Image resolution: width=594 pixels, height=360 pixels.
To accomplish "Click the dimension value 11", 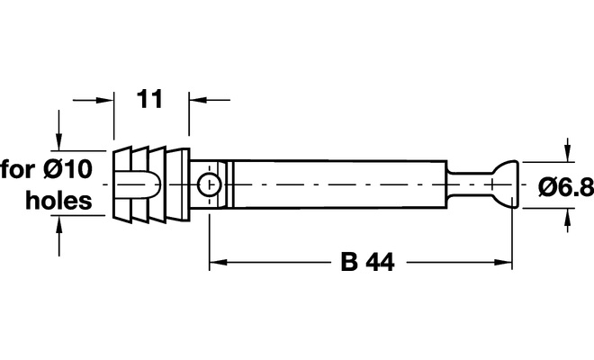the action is [149, 99].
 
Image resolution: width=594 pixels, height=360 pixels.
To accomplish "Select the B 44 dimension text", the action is [367, 262].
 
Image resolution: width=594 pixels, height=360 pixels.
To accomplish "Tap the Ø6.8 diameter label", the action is [566, 187].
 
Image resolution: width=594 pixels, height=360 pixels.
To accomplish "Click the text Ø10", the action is [67, 169].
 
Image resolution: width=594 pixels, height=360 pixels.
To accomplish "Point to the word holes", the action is [58, 201].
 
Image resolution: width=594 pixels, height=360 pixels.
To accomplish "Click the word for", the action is [18, 169].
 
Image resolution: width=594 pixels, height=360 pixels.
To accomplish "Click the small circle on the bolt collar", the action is [210, 184].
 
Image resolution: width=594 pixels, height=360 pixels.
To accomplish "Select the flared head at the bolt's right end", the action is [505, 184].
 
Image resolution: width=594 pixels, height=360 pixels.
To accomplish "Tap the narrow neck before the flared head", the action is [470, 184].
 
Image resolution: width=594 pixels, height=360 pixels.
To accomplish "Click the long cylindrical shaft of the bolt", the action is [339, 184].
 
